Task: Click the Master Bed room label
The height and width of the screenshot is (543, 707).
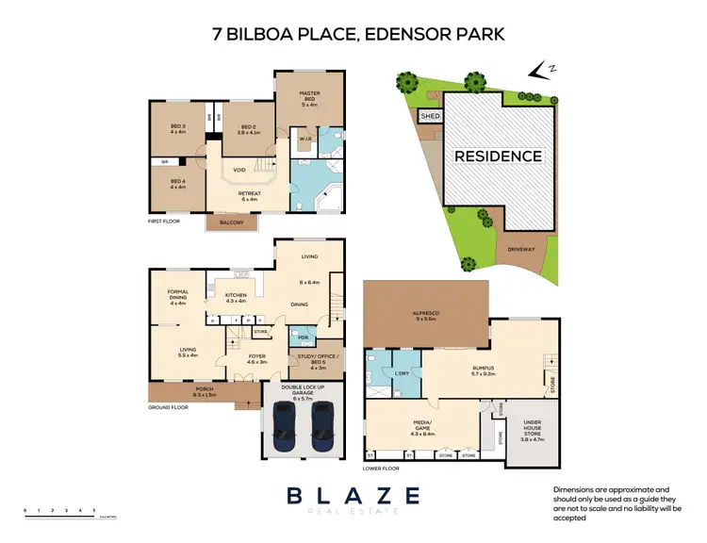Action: click(x=311, y=96)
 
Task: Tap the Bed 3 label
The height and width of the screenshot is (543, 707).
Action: click(x=178, y=129)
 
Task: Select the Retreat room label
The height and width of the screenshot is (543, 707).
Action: click(x=249, y=196)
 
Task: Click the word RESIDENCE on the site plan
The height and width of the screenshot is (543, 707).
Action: click(x=499, y=156)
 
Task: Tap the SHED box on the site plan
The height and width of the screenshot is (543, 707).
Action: click(x=430, y=116)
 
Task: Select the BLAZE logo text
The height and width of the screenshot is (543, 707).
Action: click(x=354, y=496)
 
